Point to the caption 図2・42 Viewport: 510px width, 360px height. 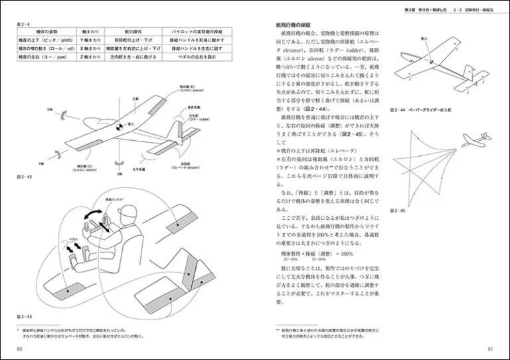24,178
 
